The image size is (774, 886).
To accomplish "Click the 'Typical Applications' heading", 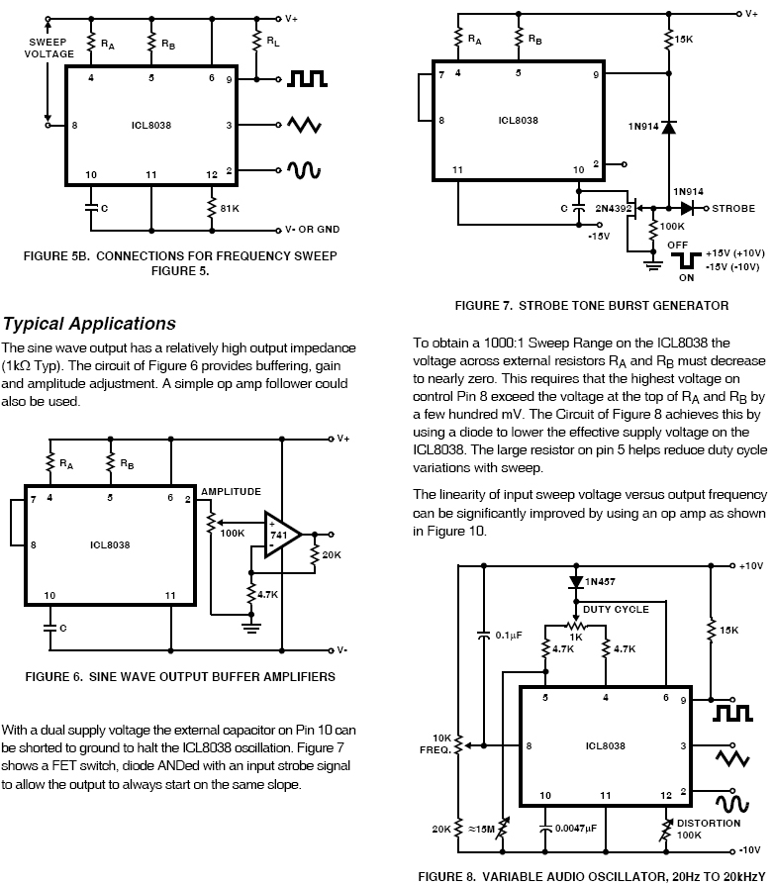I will pyautogui.click(x=89, y=324).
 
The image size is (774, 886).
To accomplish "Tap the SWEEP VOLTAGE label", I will pyautogui.click(x=48, y=49).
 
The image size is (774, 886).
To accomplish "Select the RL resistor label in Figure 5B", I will pyautogui.click(x=272, y=42).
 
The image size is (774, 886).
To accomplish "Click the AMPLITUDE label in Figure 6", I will pyautogui.click(x=231, y=491).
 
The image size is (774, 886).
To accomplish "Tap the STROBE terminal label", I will pyautogui.click(x=732, y=209).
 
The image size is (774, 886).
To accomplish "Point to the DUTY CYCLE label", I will pyautogui.click(x=616, y=609).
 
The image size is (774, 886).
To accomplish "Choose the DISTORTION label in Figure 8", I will pyautogui.click(x=709, y=823).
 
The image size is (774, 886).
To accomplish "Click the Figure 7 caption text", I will pyautogui.click(x=591, y=306).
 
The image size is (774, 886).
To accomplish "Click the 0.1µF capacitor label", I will pyautogui.click(x=508, y=637).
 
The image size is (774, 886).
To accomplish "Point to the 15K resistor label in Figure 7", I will pyautogui.click(x=683, y=39).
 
